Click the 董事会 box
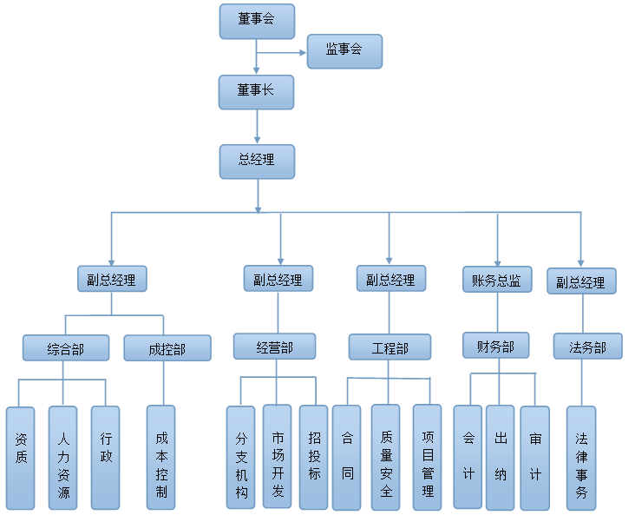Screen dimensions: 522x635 (257, 21)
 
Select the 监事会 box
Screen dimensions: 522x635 (344, 50)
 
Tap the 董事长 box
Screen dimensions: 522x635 (257, 91)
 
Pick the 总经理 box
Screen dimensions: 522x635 (257, 161)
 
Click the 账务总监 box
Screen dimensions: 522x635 (497, 280)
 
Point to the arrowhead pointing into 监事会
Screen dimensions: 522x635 (301, 52)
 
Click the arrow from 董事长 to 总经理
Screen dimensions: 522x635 (257, 126)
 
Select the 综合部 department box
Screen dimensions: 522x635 (66, 349)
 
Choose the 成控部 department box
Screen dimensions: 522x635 (167, 349)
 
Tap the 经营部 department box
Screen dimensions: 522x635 (275, 347)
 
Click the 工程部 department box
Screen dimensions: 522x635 (390, 348)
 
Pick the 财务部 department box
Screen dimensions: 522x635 (495, 347)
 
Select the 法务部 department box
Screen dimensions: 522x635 (587, 347)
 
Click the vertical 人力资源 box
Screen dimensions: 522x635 (63, 458)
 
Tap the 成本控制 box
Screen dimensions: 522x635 (161, 458)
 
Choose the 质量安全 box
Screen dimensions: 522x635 (386, 458)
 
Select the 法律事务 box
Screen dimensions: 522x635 (581, 458)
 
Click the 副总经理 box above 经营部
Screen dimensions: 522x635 (278, 280)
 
